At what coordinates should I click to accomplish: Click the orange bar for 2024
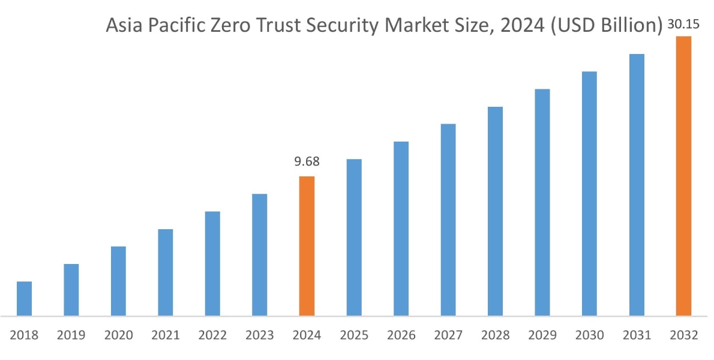click(307, 246)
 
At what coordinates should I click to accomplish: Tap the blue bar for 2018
click(24, 298)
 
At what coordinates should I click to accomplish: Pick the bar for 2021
click(166, 272)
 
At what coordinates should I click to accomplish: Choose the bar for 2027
click(448, 220)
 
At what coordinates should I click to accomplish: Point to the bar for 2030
click(589, 193)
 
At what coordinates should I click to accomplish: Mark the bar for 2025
click(354, 237)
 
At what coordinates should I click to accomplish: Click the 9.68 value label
click(307, 161)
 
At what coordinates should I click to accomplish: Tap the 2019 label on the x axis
click(71, 335)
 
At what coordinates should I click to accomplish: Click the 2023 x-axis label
click(259, 335)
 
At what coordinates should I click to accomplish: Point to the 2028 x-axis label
click(495, 335)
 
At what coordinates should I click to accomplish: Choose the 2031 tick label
click(637, 335)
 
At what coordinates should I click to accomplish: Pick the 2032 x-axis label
click(683, 335)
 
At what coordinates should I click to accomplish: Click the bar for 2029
click(542, 202)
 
